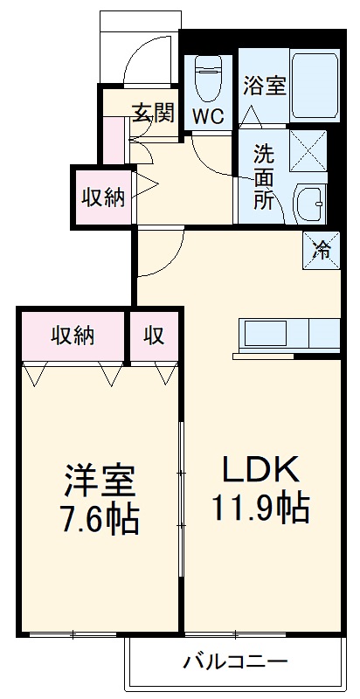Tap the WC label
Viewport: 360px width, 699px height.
tap(209, 116)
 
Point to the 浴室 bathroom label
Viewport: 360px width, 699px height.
tap(265, 86)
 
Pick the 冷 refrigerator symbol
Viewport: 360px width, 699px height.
tap(322, 249)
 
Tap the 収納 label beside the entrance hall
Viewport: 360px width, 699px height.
tap(103, 197)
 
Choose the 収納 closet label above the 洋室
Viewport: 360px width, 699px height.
tap(73, 335)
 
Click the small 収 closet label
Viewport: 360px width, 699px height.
tap(156, 335)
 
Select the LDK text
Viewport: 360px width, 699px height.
tap(260, 469)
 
